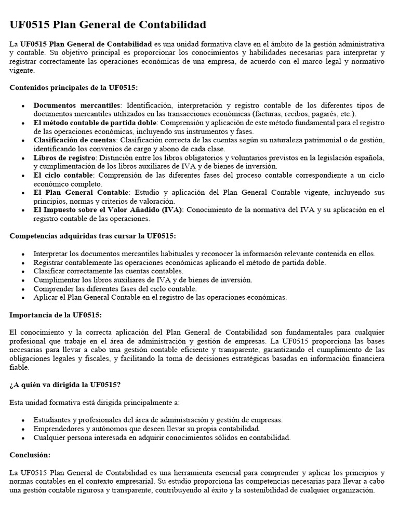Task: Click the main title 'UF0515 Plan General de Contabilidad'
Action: (108, 25)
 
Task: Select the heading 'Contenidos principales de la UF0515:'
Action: (74, 87)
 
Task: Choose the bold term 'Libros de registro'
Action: (63, 157)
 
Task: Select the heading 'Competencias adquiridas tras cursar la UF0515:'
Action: (92, 236)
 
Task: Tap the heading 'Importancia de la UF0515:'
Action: (56, 315)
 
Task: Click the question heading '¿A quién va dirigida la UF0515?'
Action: (65, 384)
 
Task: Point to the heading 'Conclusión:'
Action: (30, 455)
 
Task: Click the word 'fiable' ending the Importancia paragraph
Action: (19, 367)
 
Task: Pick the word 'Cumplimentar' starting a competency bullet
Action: (56, 280)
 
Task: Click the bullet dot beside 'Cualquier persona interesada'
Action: (23, 438)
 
